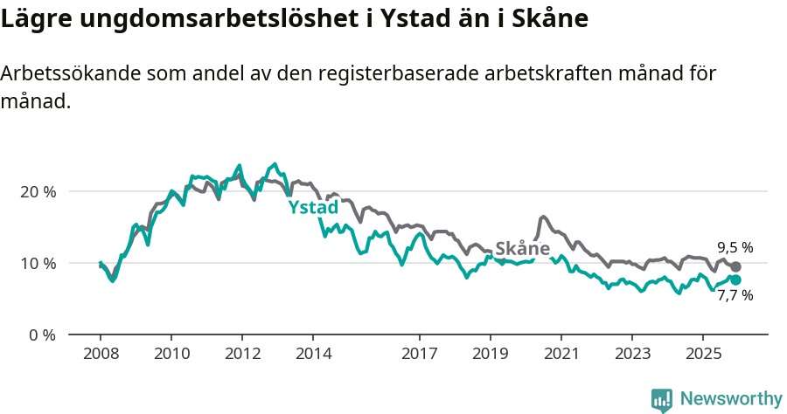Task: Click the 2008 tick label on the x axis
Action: click(x=101, y=354)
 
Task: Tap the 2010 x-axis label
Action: click(x=171, y=354)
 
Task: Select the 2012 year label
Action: click(x=242, y=354)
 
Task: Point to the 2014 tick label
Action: click(x=313, y=354)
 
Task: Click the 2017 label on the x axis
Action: click(x=420, y=354)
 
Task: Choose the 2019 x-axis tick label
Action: click(x=491, y=354)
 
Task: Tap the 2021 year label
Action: click(x=561, y=354)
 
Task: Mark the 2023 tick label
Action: click(x=632, y=354)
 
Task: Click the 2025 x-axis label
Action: click(x=703, y=354)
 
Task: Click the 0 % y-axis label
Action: click(x=43, y=335)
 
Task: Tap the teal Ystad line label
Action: click(x=313, y=208)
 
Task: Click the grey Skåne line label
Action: click(x=522, y=248)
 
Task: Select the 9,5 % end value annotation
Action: click(x=735, y=247)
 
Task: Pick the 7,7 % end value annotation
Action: click(x=735, y=295)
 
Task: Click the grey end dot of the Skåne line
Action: click(x=735, y=266)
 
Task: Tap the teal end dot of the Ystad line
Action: click(x=735, y=279)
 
